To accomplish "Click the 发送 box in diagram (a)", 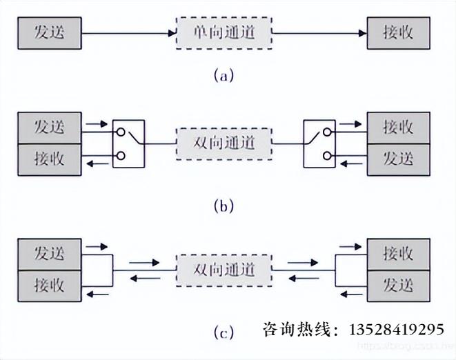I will pos(49,32).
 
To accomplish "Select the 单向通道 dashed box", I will pos(224,32).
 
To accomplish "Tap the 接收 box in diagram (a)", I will pos(399,32).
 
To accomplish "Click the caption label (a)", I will pos(224,75).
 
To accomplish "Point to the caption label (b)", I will pos(224,205).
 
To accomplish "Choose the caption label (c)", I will pos(224,334).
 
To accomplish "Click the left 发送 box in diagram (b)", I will pos(49,127).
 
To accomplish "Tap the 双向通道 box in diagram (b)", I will pos(224,143).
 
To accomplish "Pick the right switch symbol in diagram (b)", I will pos(319,143).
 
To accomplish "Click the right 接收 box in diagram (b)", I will pos(399,127).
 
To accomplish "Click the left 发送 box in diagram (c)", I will pos(49,253).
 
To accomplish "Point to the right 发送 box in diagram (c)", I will pos(399,284).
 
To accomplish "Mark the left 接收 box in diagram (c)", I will pos(49,284).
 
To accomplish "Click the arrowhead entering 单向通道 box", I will pos(172,32).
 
